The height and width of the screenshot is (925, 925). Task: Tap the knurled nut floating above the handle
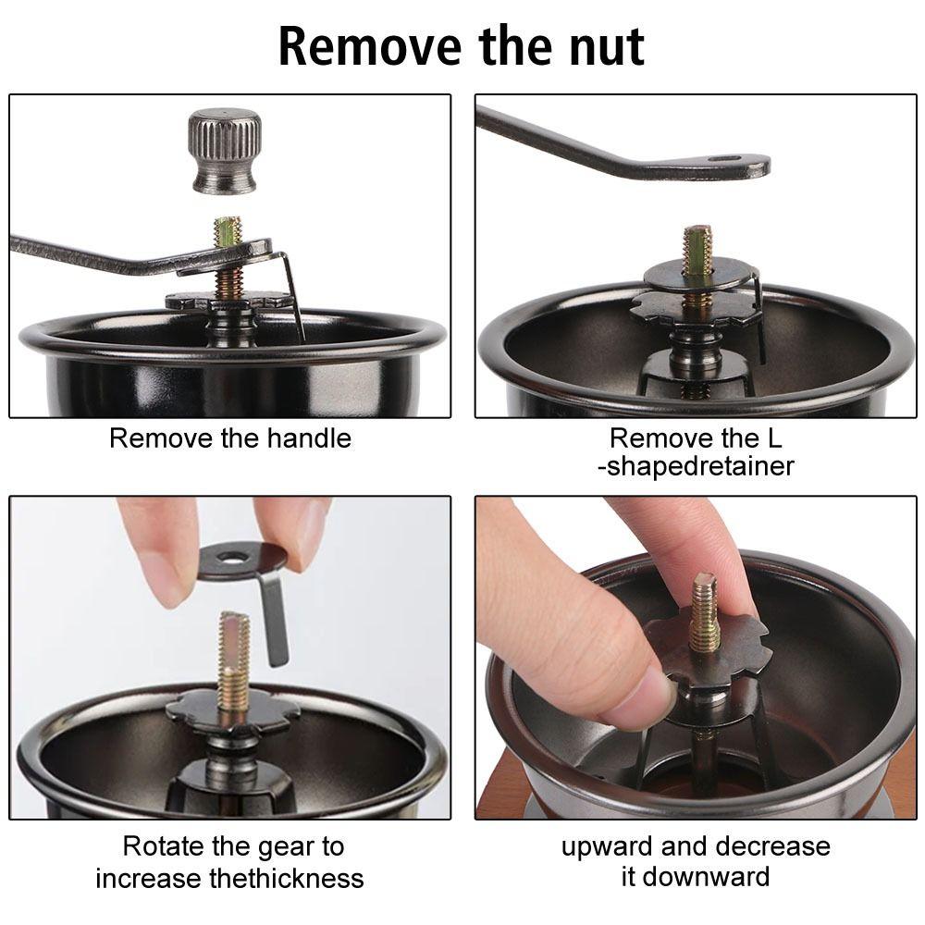[x=225, y=151]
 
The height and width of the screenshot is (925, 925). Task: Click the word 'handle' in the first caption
[x=309, y=438]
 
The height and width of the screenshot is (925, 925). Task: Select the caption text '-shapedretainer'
[x=696, y=466]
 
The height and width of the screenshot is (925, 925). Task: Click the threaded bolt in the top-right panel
[x=697, y=252]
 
